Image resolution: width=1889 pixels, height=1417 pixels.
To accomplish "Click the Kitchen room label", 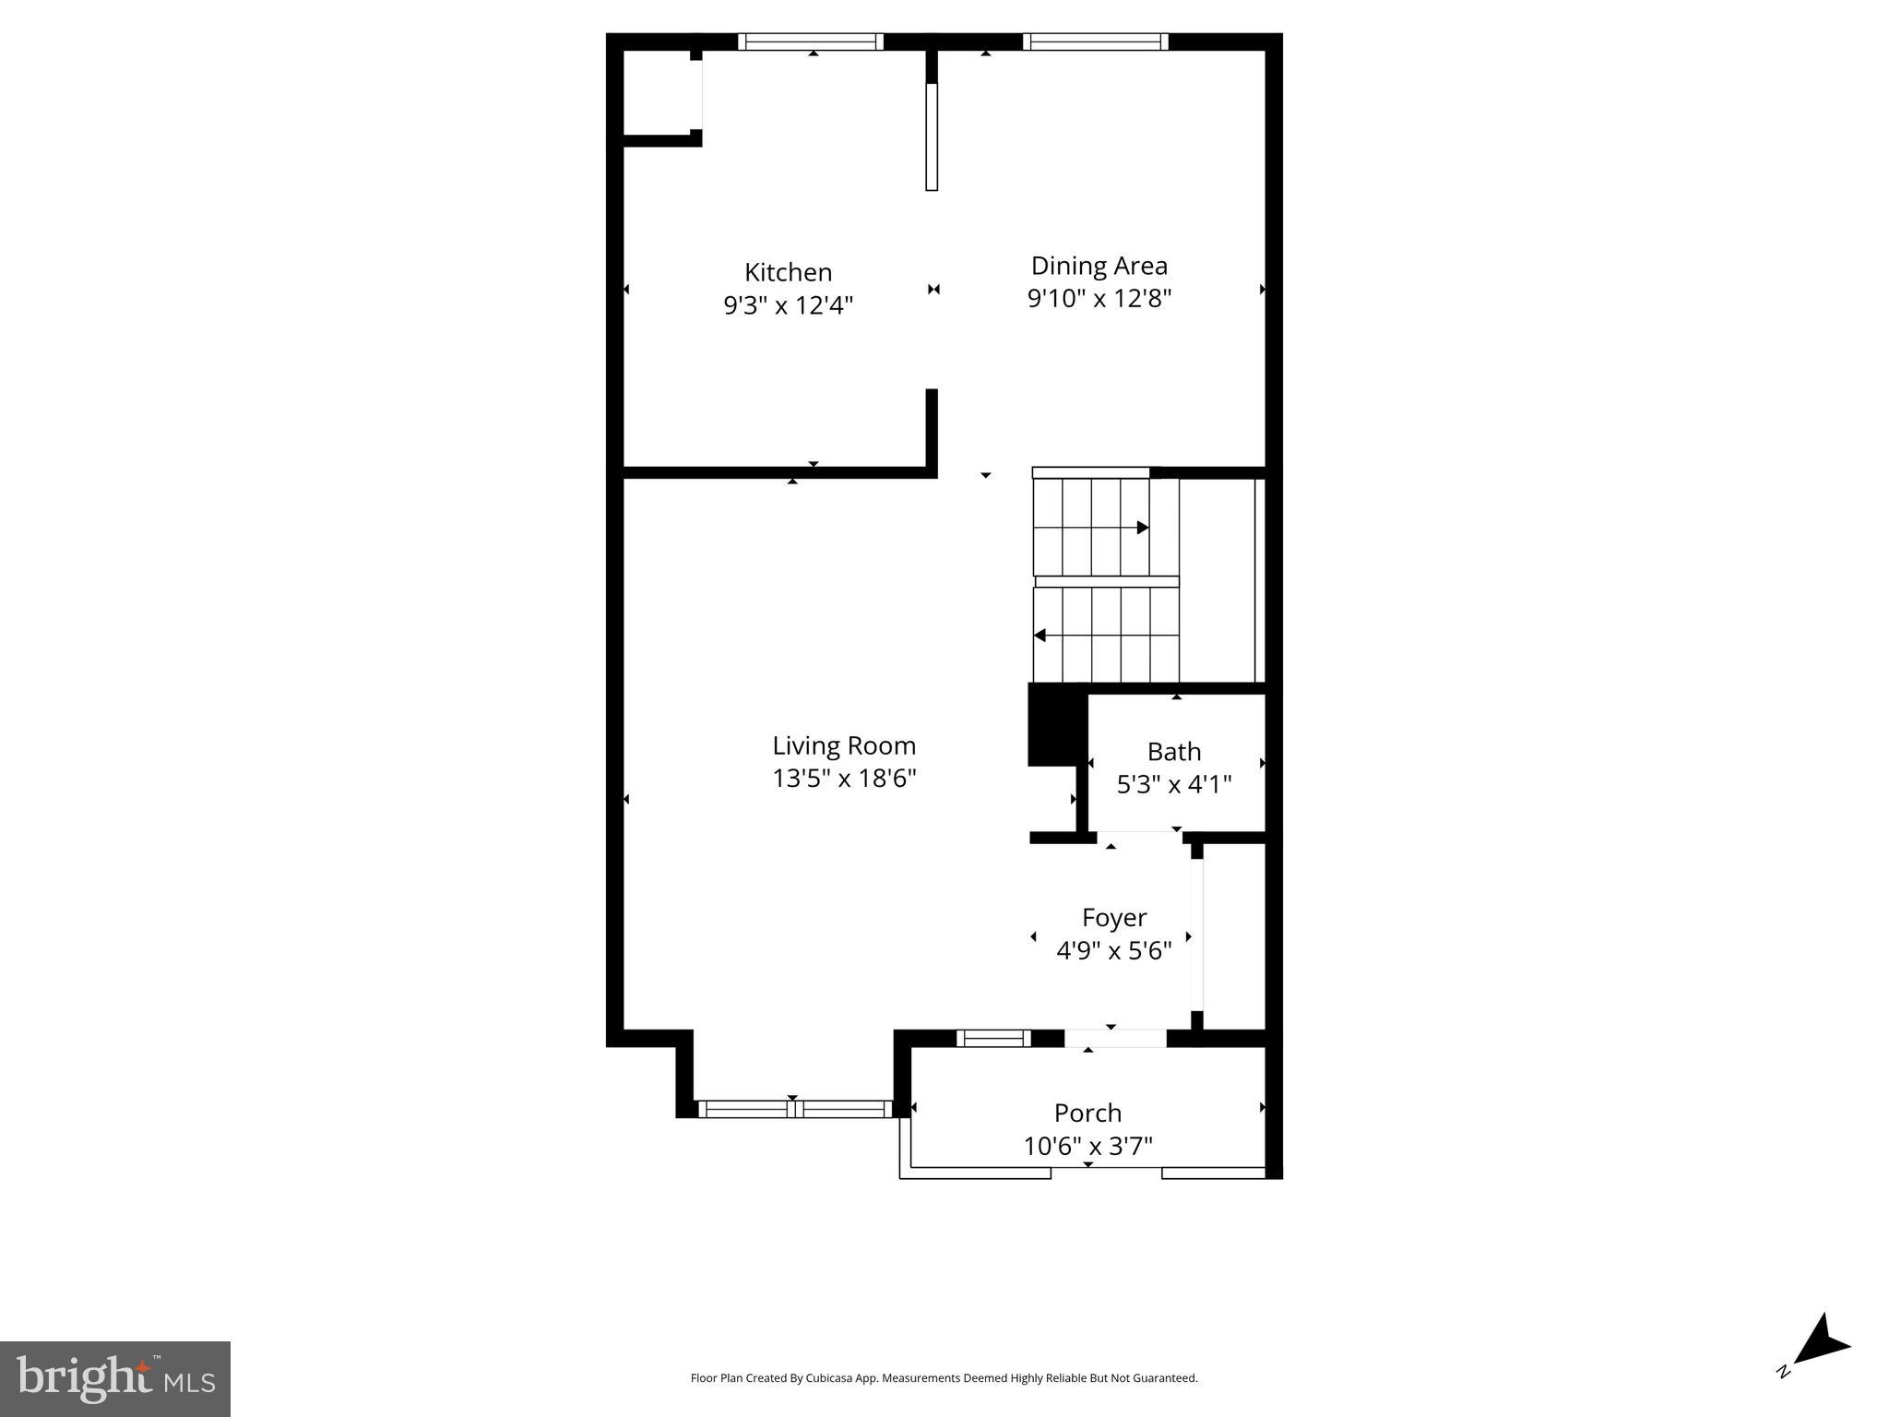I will pyautogui.click(x=788, y=272).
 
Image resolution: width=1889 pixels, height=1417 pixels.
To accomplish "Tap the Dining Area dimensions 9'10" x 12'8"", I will pyautogui.click(x=1099, y=298).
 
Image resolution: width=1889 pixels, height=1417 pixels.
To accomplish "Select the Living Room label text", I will pyautogui.click(x=843, y=745).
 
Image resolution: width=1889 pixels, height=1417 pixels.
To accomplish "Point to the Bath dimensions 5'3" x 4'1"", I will pyautogui.click(x=1173, y=784).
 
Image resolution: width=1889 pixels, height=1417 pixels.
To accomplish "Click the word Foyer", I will pyautogui.click(x=1113, y=917).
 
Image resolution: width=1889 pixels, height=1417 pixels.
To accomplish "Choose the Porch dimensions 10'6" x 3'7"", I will pyautogui.click(x=1087, y=1146).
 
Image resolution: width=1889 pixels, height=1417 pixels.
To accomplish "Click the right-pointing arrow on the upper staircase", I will pyautogui.click(x=1142, y=528).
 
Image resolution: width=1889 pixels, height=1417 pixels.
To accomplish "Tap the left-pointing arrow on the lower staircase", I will pyautogui.click(x=1040, y=635).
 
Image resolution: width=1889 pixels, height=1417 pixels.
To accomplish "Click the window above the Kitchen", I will pyautogui.click(x=811, y=42).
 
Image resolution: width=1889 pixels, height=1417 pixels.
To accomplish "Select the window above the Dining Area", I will pyautogui.click(x=1095, y=42).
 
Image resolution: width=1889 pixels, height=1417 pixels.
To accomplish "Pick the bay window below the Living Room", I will pyautogui.click(x=794, y=1109).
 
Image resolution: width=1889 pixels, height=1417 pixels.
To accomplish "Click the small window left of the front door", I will pyautogui.click(x=992, y=1038).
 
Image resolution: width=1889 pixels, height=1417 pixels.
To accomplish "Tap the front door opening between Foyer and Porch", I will pyautogui.click(x=1115, y=1038).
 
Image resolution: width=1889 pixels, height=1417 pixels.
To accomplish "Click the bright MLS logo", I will pyautogui.click(x=114, y=1378).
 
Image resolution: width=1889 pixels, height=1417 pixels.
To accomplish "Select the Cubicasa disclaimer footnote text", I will pyautogui.click(x=944, y=1378).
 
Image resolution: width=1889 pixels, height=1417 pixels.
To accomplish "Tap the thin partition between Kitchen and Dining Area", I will pyautogui.click(x=932, y=137).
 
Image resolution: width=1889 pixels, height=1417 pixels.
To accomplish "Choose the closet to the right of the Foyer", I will pyautogui.click(x=1233, y=935).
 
